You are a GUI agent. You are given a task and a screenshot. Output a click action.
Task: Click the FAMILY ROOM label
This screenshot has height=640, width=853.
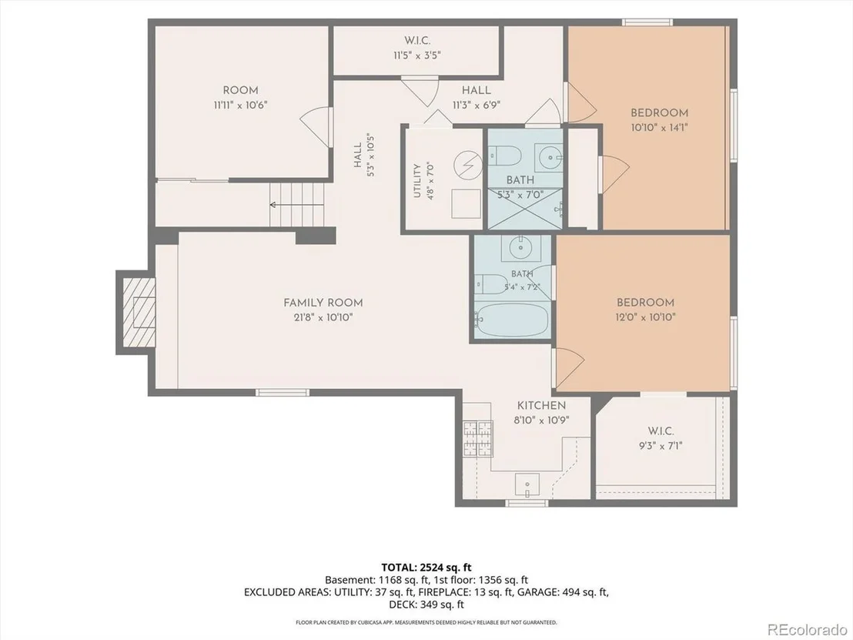coord(323,303)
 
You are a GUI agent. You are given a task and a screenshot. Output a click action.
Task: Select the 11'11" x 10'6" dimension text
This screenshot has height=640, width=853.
coord(240,105)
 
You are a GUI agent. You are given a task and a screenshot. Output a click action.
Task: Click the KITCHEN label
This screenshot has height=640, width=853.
coord(541,405)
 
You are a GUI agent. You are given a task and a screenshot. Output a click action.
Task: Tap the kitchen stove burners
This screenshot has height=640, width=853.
coord(478,438)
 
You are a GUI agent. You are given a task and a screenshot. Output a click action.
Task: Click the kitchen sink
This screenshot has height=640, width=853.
coord(527,485)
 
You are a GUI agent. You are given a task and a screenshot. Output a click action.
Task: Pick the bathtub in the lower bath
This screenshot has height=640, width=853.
coord(512,320)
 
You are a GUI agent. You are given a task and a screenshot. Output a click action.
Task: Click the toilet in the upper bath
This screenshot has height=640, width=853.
coord(504,156)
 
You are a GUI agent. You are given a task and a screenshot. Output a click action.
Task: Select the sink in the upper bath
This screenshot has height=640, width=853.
coord(549,157)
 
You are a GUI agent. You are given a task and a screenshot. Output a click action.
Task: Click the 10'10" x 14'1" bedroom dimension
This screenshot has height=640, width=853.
coord(660,128)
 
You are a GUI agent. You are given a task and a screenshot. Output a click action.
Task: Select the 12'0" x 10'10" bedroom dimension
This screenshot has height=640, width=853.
coord(646,317)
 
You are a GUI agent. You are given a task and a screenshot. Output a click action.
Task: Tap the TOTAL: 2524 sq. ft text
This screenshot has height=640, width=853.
coord(426,568)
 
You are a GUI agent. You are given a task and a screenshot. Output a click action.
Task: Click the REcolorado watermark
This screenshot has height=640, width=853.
coord(807,630)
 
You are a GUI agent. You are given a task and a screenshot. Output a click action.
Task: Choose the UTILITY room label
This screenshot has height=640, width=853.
coord(417,181)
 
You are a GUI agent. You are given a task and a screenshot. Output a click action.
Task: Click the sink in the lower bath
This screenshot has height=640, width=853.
coord(521,249)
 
